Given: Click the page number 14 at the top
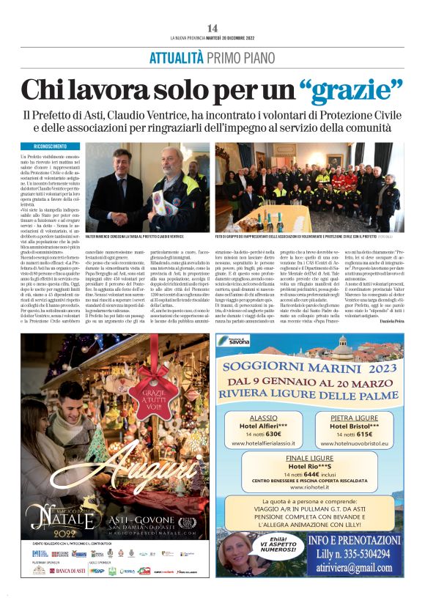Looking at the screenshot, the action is (212, 27).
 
